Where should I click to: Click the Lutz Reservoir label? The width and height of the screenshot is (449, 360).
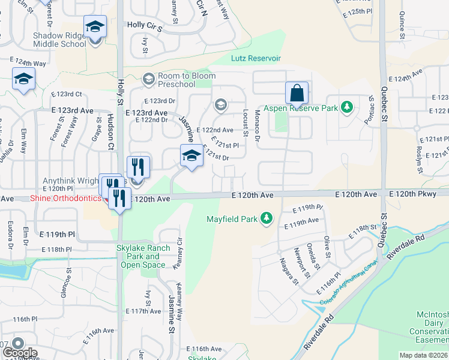tap(256, 58)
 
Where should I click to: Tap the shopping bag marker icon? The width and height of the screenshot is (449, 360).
tap(297, 93)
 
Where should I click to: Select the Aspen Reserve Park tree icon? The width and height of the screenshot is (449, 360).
tap(346, 107)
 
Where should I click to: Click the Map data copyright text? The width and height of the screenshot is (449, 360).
tap(424, 355)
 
